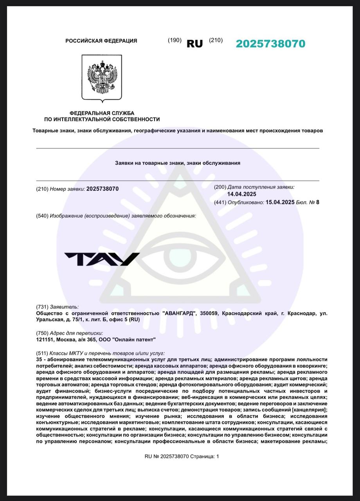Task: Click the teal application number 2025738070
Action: point(270,44)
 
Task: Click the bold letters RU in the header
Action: point(195,44)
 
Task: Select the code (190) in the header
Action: point(175,40)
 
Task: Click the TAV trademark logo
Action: point(102,259)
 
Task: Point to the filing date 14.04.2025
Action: point(242,194)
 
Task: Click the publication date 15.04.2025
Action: point(280,202)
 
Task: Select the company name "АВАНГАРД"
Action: point(179,314)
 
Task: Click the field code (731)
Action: point(42,307)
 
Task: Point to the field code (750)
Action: point(42,333)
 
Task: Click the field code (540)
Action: point(42,216)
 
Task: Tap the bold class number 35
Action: point(39,359)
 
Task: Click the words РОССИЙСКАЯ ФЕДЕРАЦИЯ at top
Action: point(101,41)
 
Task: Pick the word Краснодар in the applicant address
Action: point(300,314)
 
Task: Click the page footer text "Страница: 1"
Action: point(205,456)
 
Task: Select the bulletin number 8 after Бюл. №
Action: point(318,202)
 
